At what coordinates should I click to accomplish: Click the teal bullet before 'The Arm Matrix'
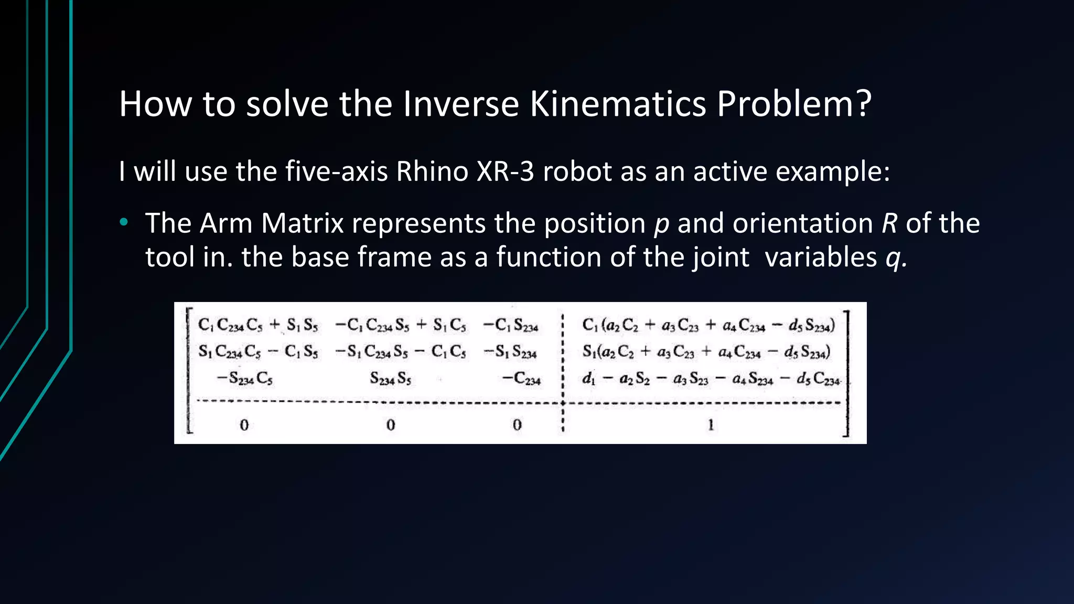pos(124,223)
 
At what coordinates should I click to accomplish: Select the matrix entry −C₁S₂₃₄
pos(511,326)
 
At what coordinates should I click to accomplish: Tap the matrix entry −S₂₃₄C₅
pos(244,378)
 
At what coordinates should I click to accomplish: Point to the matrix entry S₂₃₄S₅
pos(390,378)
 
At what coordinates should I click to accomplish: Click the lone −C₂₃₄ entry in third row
pos(521,378)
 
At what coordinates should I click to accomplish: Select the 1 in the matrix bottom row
pos(711,425)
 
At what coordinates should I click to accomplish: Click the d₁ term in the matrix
pos(588,378)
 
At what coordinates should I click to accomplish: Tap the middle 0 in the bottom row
pos(390,425)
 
